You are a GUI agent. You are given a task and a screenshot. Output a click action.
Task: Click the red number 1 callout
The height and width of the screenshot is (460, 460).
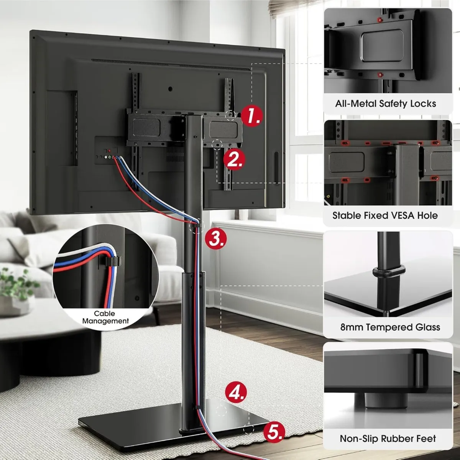click(x=251, y=116)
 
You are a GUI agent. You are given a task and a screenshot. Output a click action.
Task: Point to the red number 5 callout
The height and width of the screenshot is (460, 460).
click(x=274, y=432)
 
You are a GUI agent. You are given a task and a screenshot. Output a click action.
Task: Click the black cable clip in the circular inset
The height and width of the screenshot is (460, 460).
click(x=109, y=261)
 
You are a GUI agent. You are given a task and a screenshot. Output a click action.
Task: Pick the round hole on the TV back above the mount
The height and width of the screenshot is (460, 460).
click(x=170, y=89)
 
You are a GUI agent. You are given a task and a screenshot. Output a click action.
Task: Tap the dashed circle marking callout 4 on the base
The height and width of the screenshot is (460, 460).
click(x=221, y=412)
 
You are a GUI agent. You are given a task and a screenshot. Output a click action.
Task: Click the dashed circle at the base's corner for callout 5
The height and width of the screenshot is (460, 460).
click(x=249, y=428)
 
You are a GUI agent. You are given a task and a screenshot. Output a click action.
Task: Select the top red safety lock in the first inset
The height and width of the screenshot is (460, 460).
click(x=379, y=20)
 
